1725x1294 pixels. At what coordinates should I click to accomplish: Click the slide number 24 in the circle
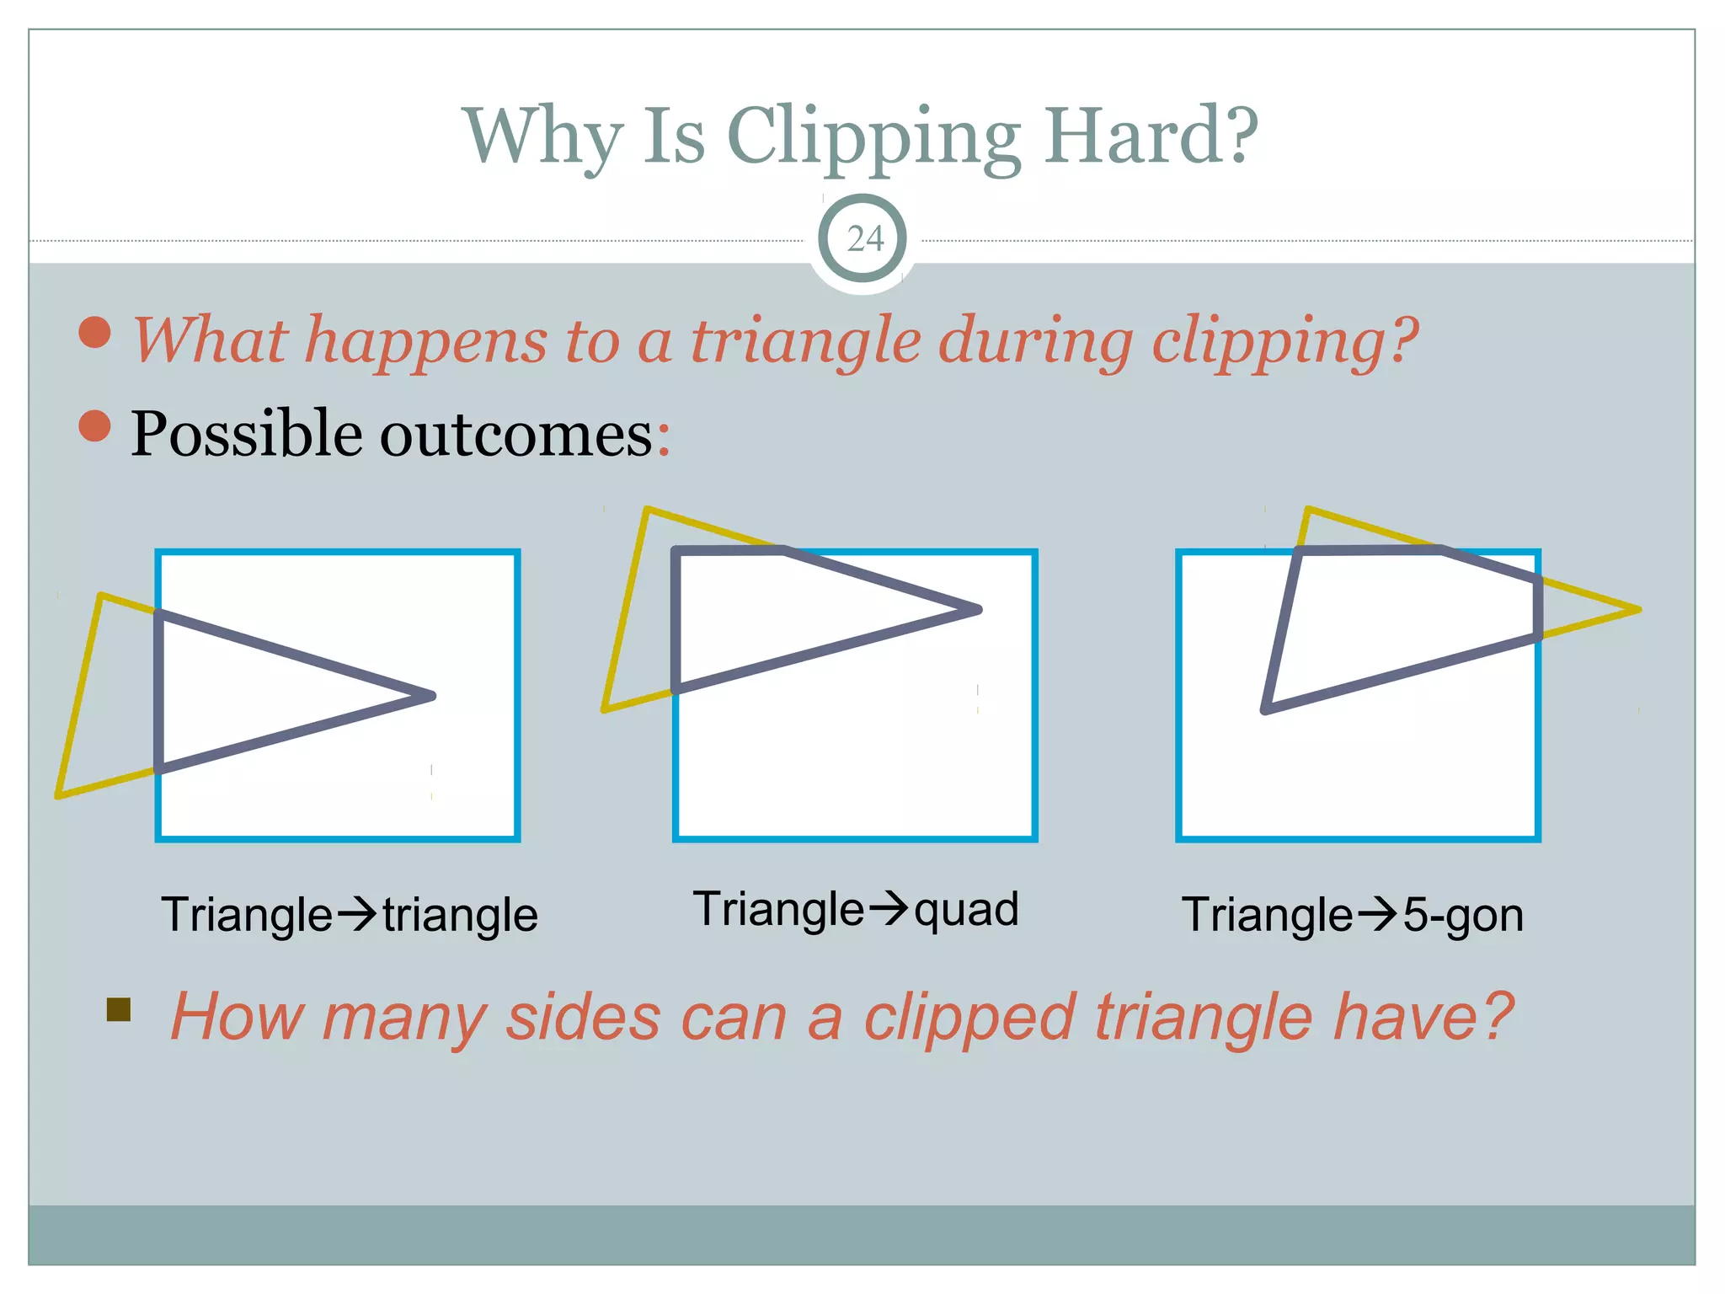(864, 239)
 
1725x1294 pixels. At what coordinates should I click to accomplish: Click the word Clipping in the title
(873, 136)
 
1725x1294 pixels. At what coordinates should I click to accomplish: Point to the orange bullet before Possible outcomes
(94, 426)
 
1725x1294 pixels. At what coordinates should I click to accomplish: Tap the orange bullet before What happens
(94, 332)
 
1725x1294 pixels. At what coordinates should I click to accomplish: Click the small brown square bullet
(119, 1009)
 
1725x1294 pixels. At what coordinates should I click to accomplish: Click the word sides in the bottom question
(582, 1018)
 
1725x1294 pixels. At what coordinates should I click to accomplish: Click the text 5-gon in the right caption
(1463, 916)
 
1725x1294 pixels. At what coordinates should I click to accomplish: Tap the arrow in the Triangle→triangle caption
(356, 914)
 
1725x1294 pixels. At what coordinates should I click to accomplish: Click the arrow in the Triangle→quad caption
(888, 907)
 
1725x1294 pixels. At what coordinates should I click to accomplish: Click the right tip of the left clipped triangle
(430, 696)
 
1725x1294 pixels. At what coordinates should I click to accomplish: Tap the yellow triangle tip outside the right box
(1637, 609)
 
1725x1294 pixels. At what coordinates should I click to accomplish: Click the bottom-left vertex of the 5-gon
(1265, 709)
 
